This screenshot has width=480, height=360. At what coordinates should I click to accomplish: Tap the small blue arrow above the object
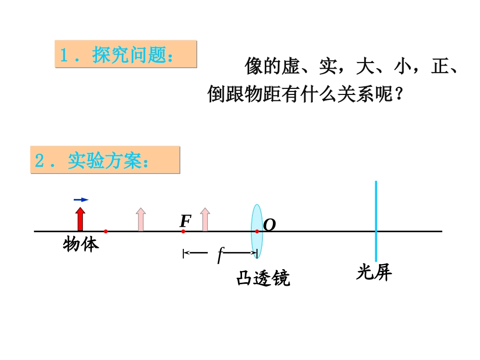81,200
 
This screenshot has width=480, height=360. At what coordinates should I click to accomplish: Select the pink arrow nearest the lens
205,220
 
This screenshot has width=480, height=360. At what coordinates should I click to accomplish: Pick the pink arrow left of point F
141,220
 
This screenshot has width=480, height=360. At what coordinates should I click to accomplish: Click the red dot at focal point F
183,231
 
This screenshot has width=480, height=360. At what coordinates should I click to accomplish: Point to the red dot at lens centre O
257,231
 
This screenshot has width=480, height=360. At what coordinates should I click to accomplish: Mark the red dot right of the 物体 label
106,231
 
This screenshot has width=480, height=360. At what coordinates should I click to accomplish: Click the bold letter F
185,221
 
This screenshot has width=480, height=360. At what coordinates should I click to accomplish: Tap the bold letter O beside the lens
270,225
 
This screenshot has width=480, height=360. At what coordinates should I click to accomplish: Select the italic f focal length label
220,254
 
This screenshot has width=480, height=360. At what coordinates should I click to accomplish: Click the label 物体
81,244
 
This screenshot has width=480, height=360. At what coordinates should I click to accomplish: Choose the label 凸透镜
263,278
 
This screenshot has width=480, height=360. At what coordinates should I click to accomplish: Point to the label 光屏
374,273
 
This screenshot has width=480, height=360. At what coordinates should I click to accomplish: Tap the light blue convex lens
256,222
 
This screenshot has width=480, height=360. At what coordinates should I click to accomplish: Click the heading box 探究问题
125,55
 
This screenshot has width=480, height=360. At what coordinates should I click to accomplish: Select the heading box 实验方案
105,160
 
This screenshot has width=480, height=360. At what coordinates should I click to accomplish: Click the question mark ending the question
400,94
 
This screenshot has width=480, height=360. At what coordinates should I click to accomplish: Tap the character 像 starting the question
254,66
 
